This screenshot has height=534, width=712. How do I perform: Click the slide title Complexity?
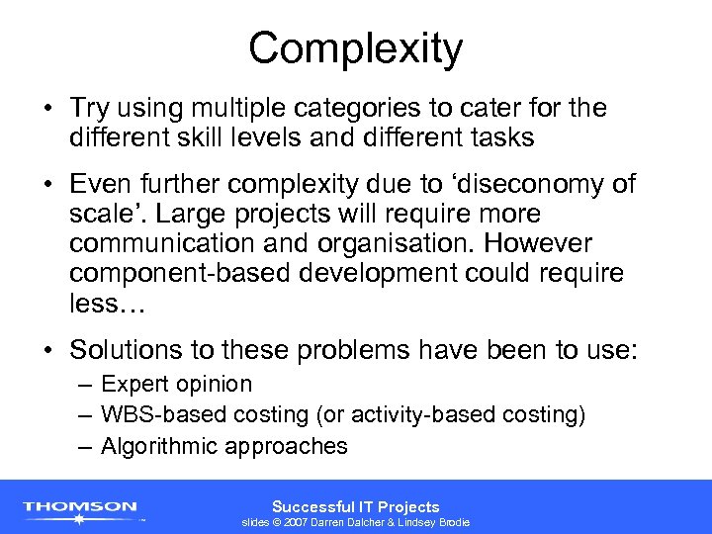[x=355, y=48]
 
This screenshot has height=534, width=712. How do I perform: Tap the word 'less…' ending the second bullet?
[x=107, y=304]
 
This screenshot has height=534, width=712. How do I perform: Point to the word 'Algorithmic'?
[x=160, y=446]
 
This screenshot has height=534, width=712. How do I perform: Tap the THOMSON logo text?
[x=80, y=506]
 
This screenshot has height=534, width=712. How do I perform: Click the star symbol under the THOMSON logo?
[x=80, y=518]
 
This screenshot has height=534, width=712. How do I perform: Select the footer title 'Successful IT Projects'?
[x=355, y=506]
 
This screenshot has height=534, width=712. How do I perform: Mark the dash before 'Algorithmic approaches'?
[x=85, y=446]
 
